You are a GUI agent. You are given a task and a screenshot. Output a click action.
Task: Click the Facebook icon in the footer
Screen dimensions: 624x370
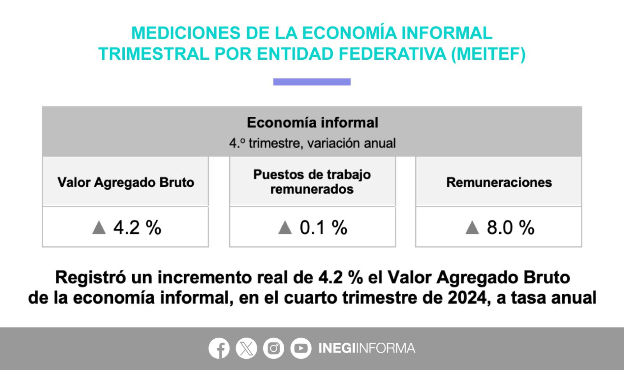tap(219, 348)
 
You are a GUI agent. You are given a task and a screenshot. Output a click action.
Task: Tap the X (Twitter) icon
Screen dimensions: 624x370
tap(246, 348)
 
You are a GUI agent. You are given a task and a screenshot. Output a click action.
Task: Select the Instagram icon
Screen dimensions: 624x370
tap(273, 348)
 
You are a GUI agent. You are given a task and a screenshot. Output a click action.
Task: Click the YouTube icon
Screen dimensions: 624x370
tap(301, 348)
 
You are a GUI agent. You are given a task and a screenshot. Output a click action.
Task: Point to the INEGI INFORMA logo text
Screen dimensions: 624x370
tap(367, 348)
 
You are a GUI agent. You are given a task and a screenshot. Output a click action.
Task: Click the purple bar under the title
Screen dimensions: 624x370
tap(312, 82)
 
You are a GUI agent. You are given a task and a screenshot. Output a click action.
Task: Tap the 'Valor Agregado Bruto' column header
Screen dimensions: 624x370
tap(126, 182)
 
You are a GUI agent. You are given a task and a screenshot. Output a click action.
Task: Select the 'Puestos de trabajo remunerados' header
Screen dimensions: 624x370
tap(312, 182)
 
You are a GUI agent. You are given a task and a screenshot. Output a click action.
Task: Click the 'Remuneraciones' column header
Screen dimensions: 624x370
tap(499, 182)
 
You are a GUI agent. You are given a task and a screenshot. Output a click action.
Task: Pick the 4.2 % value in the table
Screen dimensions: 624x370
tap(137, 228)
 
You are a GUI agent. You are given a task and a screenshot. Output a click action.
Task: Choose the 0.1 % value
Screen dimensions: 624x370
tap(323, 228)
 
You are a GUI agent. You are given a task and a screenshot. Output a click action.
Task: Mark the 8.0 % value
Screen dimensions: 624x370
tap(511, 228)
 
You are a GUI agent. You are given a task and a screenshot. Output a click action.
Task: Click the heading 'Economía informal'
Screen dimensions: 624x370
tap(312, 123)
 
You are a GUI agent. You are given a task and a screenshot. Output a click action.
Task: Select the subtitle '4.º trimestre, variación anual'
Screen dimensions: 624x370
tap(312, 143)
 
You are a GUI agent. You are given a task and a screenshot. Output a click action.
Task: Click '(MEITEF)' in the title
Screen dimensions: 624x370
tap(488, 53)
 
